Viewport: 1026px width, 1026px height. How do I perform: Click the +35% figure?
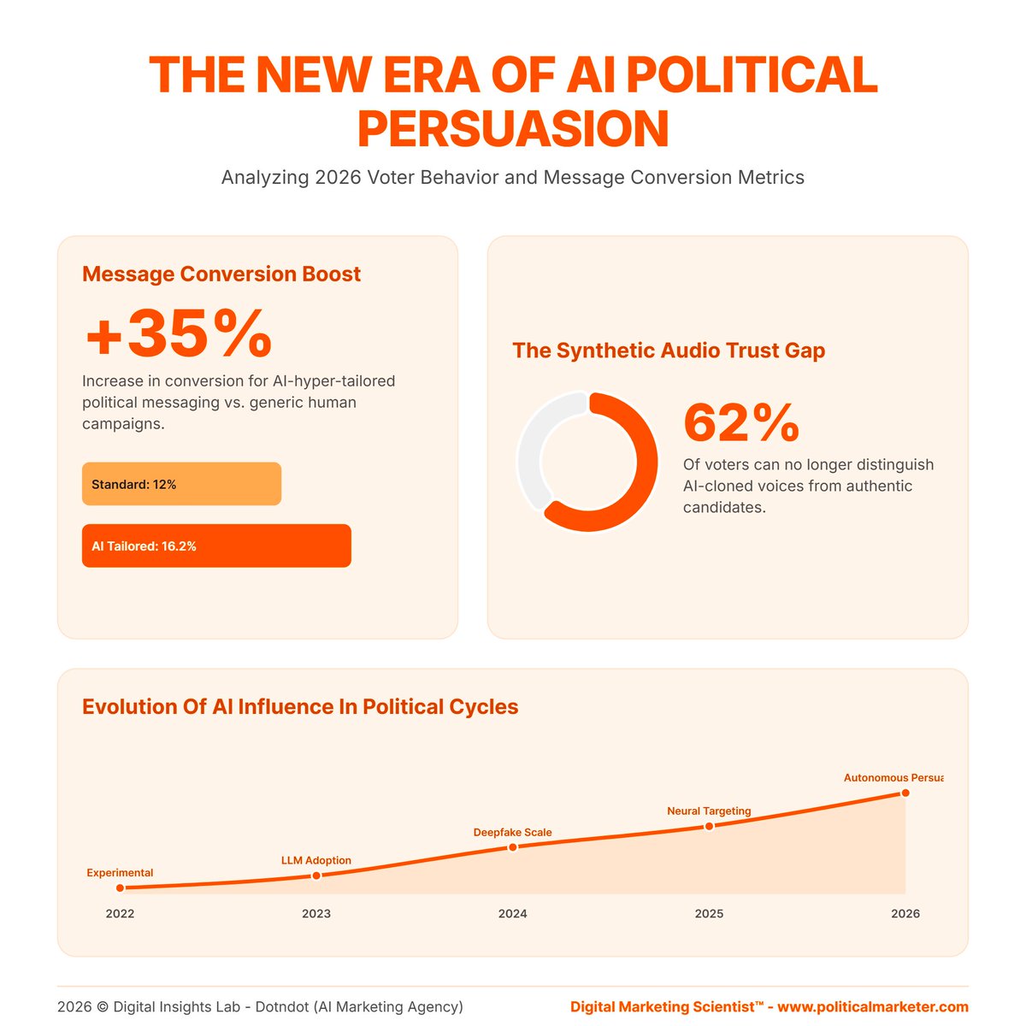coord(178,334)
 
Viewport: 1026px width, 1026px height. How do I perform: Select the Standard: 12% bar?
coord(181,484)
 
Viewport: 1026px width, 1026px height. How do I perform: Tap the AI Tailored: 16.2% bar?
coord(216,545)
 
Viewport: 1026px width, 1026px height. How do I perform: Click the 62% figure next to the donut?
coord(741,422)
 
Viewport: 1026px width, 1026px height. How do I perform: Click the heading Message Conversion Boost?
coord(221,274)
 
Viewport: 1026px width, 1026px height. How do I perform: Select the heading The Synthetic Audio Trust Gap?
coord(669,351)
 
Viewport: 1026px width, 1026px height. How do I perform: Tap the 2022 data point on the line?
coord(120,888)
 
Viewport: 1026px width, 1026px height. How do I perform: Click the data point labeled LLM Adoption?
coord(316,876)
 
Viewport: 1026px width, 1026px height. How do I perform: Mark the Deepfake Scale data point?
coord(513,847)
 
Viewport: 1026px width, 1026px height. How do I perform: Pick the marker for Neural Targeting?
coord(709,826)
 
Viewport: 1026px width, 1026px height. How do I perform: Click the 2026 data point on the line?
coord(905,793)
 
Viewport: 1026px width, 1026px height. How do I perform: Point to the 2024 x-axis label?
coord(513,913)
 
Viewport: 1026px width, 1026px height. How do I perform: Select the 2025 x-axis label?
coord(709,913)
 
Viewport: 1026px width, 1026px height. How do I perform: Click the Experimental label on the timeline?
coord(120,873)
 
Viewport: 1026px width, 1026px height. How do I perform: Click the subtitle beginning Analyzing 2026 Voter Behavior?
coord(513,178)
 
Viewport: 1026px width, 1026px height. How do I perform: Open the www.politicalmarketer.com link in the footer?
coord(872,1006)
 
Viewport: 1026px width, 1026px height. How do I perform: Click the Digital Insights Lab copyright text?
coord(260,1006)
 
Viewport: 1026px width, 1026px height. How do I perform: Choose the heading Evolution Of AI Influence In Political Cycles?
coord(300,707)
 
